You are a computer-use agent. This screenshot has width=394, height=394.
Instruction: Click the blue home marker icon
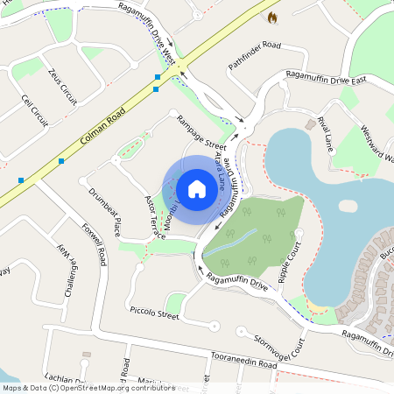tap(197, 189)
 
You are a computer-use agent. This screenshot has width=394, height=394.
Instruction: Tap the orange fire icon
tap(271, 17)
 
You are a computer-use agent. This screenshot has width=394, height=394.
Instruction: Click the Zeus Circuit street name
tap(63, 88)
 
